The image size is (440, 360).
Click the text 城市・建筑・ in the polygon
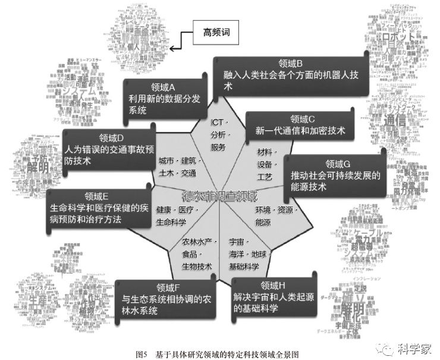tap(180, 162)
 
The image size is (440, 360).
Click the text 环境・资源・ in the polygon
tap(275, 210)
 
